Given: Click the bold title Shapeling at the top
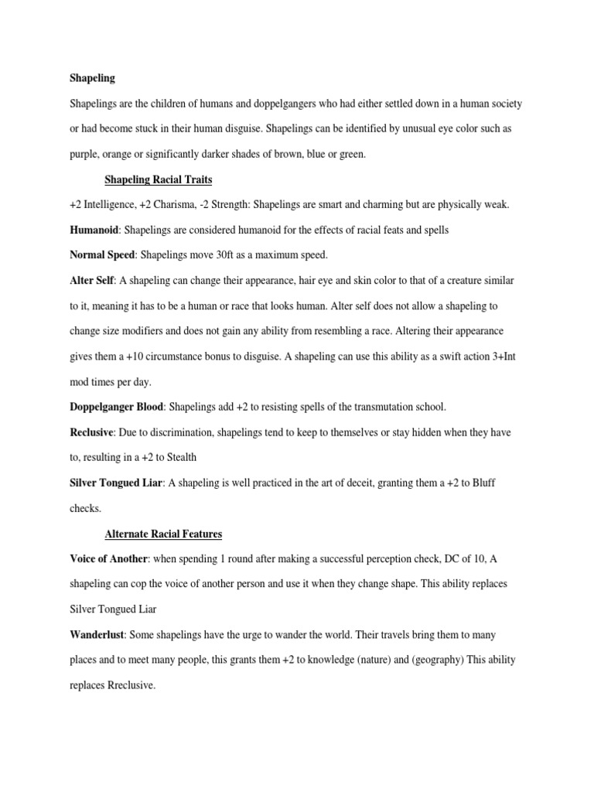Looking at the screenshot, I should point(92,77).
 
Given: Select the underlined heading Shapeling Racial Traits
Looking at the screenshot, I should point(159,180).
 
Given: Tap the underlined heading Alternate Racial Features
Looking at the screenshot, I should point(164,534).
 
